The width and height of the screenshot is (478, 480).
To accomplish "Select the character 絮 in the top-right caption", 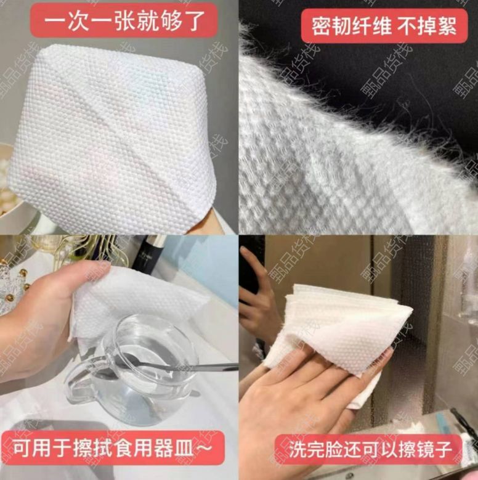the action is (445, 26).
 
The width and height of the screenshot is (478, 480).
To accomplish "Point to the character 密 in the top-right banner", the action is (322, 26).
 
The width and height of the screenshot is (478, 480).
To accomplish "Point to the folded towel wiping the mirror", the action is (331, 328).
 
